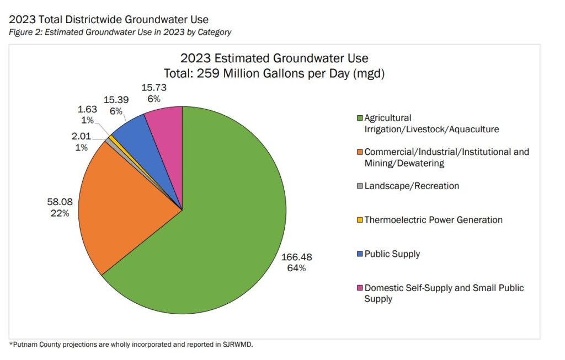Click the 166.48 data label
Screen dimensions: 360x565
297,257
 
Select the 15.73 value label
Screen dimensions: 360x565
154,88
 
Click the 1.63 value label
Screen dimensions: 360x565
87,109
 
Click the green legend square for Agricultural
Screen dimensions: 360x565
359,118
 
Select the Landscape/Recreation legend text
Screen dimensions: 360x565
412,186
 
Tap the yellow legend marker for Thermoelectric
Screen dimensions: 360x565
359,220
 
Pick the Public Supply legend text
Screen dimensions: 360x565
392,254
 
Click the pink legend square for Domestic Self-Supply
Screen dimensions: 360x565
359,288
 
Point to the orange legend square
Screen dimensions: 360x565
359,152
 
